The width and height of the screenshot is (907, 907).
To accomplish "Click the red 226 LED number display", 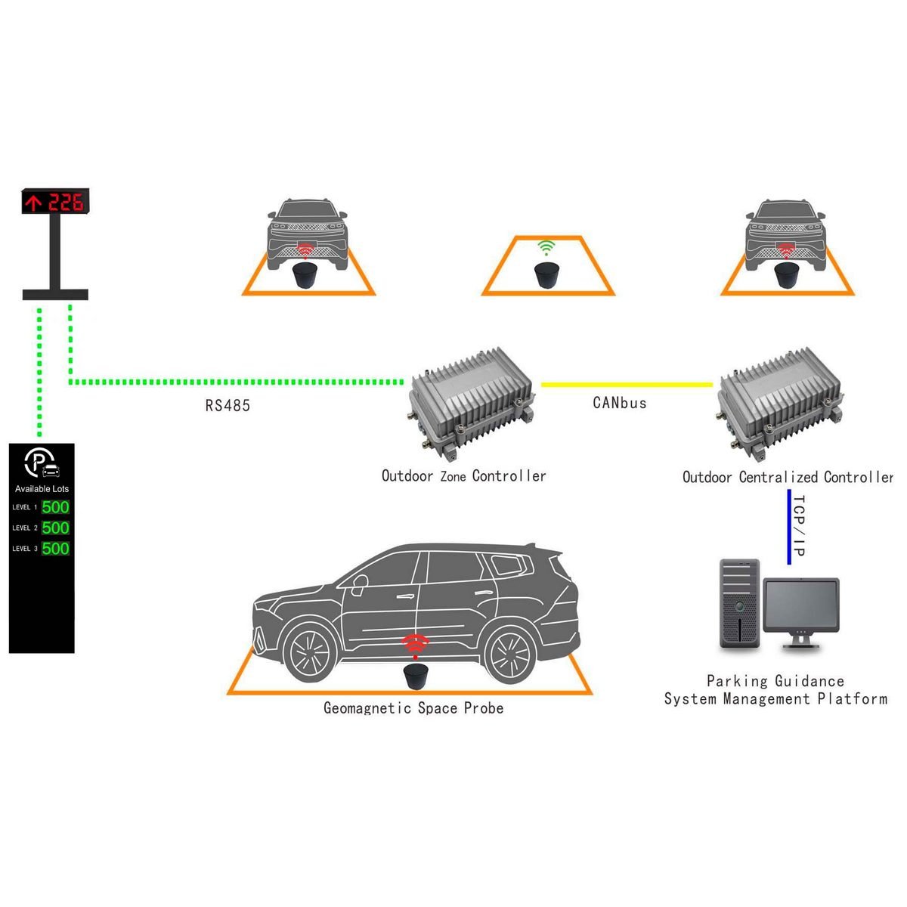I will pos(66,202).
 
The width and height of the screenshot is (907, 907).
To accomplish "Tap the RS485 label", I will pos(228,406).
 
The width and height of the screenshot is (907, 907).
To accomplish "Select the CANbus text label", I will pos(620,403).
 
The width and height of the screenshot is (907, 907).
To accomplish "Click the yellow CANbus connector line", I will pos(627,385).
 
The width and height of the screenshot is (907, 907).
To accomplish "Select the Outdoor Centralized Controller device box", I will pos(779,404).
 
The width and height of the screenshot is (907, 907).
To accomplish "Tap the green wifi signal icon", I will pos(546,246).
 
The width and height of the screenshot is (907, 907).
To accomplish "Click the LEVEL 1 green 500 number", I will pos(55,508).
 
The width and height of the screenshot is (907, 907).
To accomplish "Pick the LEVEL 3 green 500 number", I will pos(55,549).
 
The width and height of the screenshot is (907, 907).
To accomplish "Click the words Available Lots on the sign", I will pos(42,489).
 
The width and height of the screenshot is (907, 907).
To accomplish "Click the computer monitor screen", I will pos(801,605).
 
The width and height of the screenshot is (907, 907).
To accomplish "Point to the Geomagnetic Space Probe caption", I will pos(413,708).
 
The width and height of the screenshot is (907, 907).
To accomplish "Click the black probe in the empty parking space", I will pos(546,274).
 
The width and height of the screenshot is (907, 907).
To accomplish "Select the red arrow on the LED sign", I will pos(33,203).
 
